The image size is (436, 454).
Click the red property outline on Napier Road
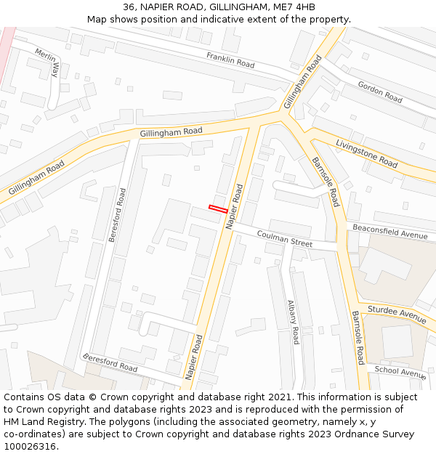[219, 209]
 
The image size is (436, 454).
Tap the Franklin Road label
[230, 60]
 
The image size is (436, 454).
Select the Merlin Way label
[47, 62]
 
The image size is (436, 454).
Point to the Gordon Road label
[380, 92]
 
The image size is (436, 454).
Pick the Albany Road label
[293, 322]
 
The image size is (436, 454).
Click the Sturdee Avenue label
[397, 315]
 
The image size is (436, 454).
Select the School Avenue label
[400, 371]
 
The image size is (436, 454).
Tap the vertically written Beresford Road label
[117, 215]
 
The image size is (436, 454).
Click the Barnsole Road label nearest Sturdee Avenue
[357, 338]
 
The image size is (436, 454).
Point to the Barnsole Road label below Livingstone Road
[326, 182]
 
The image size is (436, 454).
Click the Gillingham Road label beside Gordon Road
[302, 81]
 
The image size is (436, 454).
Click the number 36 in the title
[129, 7]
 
